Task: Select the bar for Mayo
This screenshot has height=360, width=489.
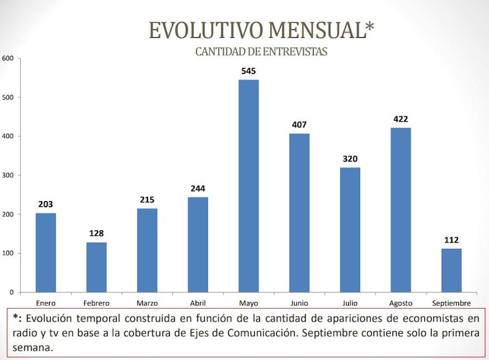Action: click(x=248, y=186)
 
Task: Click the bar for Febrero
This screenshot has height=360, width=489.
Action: click(x=96, y=267)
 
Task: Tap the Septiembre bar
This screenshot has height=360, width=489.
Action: click(x=451, y=270)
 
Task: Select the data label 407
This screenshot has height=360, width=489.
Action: click(x=299, y=125)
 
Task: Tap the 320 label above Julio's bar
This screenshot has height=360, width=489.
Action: click(x=350, y=160)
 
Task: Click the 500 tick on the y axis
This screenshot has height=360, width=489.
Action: click(x=8, y=97)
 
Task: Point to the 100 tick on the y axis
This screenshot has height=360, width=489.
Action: click(x=8, y=253)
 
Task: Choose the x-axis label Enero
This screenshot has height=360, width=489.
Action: click(x=46, y=303)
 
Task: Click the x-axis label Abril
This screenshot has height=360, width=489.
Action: click(x=197, y=303)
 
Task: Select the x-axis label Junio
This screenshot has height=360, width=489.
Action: click(x=299, y=303)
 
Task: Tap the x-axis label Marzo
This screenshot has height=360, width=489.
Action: click(x=147, y=303)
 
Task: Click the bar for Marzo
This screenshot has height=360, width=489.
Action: click(x=147, y=250)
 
